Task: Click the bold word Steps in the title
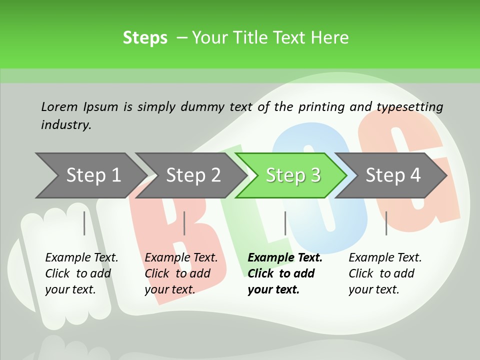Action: [x=145, y=38]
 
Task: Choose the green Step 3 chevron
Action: [x=293, y=175]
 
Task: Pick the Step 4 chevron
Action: [x=393, y=175]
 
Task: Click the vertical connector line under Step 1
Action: [x=84, y=223]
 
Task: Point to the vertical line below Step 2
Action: [x=184, y=223]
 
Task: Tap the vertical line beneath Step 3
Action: [x=285, y=223]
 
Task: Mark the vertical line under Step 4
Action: [x=386, y=223]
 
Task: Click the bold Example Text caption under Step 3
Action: [x=285, y=257]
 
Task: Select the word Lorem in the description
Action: [x=59, y=106]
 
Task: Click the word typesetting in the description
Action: [x=409, y=106]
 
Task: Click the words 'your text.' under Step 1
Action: [x=70, y=289]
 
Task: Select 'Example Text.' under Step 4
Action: [x=385, y=257]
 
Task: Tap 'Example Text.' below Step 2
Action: [x=181, y=257]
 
